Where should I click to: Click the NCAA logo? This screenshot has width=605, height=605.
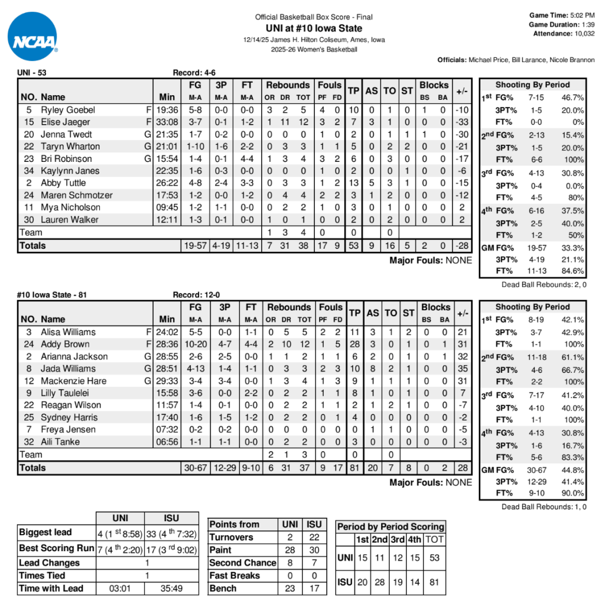pyautogui.click(x=33, y=36)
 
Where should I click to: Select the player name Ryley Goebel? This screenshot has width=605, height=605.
pyautogui.click(x=67, y=110)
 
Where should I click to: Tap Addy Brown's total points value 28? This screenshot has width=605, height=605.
pyautogui.click(x=354, y=344)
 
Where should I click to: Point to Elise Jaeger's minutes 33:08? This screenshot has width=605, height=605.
pyautogui.click(x=167, y=122)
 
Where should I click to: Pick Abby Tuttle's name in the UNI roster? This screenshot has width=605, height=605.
pyautogui.click(x=63, y=183)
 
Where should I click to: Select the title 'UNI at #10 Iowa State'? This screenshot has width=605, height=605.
pyautogui.click(x=314, y=28)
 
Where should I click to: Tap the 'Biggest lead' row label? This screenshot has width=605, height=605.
pyautogui.click(x=45, y=532)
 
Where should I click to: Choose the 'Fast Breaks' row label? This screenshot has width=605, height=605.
pyautogui.click(x=235, y=575)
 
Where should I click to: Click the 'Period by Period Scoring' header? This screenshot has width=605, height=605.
pyautogui.click(x=391, y=526)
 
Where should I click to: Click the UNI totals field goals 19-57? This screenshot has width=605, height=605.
pyautogui.click(x=196, y=245)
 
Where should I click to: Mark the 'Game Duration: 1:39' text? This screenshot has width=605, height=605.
pyautogui.click(x=562, y=24)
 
